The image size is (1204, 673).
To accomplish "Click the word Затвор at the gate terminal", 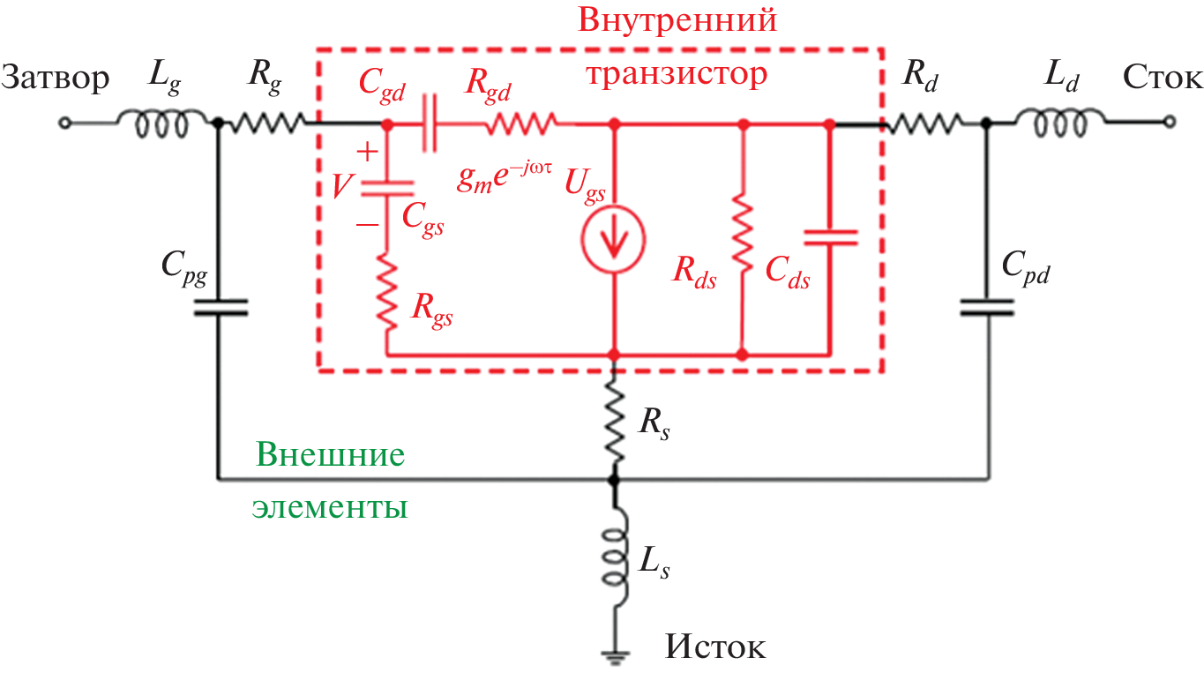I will click(55, 79).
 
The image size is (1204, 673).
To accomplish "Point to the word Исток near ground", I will click(715, 648).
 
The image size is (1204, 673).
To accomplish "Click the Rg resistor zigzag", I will click(265, 124).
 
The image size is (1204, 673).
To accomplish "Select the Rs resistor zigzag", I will click(614, 422).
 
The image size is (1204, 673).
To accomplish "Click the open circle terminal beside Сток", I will click(1168, 124).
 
